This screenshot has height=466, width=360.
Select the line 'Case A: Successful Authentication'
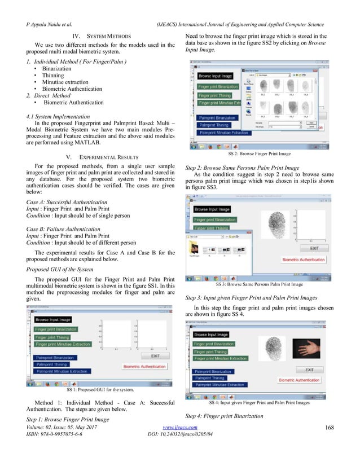click(x=67, y=201)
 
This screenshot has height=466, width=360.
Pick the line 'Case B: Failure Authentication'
click(x=63, y=229)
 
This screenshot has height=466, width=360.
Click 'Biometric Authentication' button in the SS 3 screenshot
click(x=304, y=259)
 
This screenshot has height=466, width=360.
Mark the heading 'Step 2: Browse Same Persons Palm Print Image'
click(x=243, y=168)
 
